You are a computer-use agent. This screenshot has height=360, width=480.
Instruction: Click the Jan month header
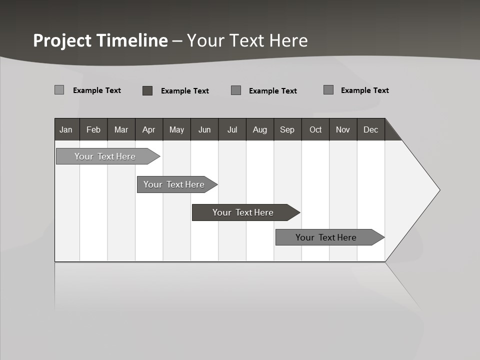click(66, 129)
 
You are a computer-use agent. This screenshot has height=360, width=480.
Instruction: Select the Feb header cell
click(93, 129)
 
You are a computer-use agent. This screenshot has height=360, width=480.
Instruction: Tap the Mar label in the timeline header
click(121, 129)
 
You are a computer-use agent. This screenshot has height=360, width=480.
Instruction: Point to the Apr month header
click(148, 129)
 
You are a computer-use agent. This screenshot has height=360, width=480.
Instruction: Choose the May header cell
click(176, 129)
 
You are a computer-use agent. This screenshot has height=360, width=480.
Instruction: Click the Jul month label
click(232, 129)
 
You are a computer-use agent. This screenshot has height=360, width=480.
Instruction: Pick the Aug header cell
click(260, 129)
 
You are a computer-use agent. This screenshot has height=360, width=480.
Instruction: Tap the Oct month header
click(315, 129)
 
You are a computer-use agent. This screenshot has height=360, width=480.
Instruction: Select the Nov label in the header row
click(343, 129)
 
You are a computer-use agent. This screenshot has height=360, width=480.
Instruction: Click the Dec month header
click(371, 129)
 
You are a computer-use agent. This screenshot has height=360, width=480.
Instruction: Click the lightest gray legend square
click(59, 90)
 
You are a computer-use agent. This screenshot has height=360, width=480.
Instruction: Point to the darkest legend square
click(147, 90)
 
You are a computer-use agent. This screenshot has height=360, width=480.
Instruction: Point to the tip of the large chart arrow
click(438, 190)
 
